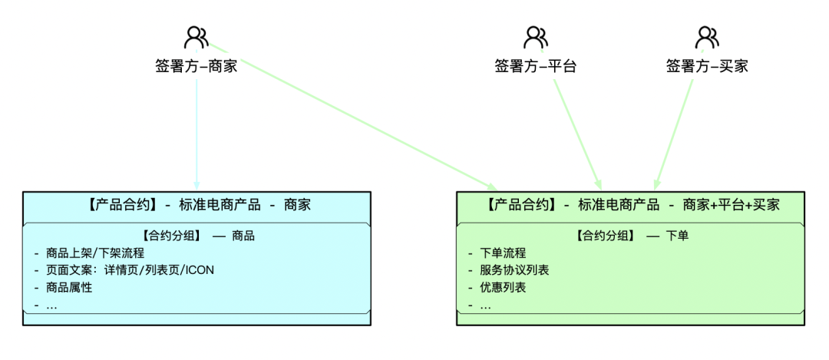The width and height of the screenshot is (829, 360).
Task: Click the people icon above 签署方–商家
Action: pyautogui.click(x=197, y=37)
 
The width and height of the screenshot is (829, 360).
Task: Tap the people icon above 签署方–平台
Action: pyautogui.click(x=536, y=37)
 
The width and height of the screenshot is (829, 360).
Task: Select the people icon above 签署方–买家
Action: pyautogui.click(x=707, y=37)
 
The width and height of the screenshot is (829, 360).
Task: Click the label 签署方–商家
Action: pyautogui.click(x=197, y=66)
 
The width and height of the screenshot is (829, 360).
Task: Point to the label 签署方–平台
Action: pyautogui.click(x=536, y=66)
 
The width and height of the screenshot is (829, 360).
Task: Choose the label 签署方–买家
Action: pyautogui.click(x=707, y=66)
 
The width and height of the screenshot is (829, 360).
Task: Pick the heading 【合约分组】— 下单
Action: pyautogui.click(x=632, y=236)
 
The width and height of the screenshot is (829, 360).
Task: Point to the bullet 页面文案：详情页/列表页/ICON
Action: pyautogui.click(x=130, y=269)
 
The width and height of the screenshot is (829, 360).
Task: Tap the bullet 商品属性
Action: pyautogui.click(x=69, y=287)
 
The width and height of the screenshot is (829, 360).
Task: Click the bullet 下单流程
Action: pyautogui.click(x=503, y=253)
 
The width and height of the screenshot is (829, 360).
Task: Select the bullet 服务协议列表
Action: pyautogui.click(x=514, y=269)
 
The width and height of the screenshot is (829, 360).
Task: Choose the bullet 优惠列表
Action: pyautogui.click(x=503, y=287)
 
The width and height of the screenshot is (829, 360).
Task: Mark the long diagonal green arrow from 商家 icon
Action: pyautogui.click(x=353, y=115)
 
